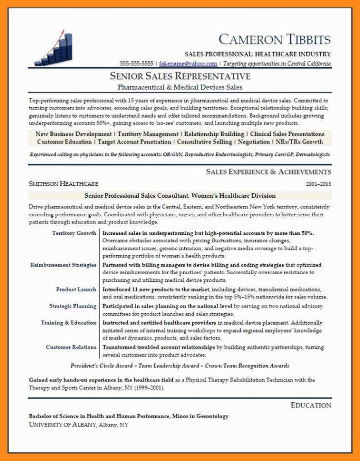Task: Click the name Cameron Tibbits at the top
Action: [274, 39]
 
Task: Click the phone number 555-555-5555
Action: [137, 63]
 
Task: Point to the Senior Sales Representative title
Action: [180, 76]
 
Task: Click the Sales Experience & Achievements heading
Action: [268, 171]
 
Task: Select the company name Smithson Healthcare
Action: [63, 183]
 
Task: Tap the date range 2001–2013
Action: [318, 184]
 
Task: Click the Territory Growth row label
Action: [74, 233]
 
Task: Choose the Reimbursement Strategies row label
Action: [63, 265]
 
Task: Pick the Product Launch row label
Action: [76, 290]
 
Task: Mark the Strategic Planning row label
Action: [73, 306]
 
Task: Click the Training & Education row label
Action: [69, 323]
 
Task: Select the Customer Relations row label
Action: [71, 347]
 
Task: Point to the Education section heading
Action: [311, 405]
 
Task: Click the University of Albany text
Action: [62, 424]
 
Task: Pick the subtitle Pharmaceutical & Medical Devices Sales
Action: [180, 87]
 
